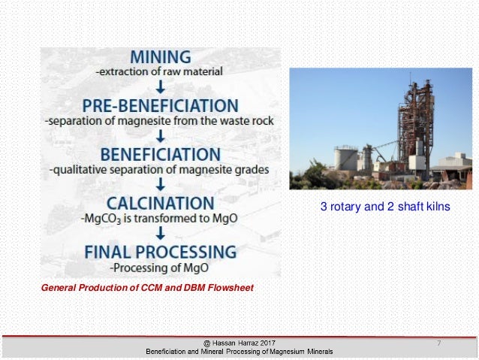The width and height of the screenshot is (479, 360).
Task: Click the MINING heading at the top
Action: click(x=160, y=56)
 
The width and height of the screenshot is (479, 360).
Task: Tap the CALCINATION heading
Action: click(x=160, y=203)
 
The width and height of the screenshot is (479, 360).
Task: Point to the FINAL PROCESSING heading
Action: click(x=160, y=251)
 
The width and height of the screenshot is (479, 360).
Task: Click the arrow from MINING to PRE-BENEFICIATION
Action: click(x=160, y=86)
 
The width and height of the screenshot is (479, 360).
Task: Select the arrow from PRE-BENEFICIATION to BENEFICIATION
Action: click(x=160, y=136)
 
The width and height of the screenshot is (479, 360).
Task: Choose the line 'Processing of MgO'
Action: click(x=160, y=267)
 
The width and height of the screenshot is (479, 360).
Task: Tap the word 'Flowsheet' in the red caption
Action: click(x=231, y=288)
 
